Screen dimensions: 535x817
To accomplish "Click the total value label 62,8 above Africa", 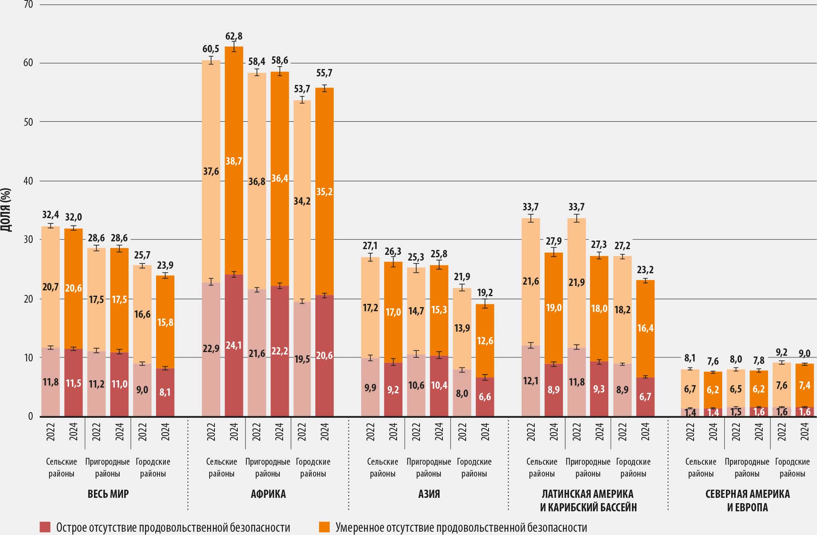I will click(x=234, y=36).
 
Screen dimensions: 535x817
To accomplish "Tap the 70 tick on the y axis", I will click(x=28, y=5).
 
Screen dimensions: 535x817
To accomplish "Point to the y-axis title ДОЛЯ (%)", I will click(x=6, y=210).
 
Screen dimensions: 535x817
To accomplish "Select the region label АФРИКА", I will click(x=268, y=494).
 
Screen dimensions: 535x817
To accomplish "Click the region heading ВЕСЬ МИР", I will click(x=108, y=494).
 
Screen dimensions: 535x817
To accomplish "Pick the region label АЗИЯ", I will click(x=429, y=494).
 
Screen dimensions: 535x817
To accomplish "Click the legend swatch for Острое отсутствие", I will click(x=45, y=527).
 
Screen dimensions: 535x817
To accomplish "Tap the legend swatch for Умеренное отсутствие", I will click(x=324, y=527).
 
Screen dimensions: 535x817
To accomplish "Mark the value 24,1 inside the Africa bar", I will click(x=234, y=346).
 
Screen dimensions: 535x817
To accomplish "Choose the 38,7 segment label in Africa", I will click(x=234, y=161).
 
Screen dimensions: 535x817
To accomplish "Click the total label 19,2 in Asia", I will click(x=485, y=293).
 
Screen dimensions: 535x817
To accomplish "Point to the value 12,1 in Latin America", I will click(x=531, y=381).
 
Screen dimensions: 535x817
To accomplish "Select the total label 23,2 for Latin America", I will click(x=645, y=270).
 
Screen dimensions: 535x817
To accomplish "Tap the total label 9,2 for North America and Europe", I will click(x=781, y=353).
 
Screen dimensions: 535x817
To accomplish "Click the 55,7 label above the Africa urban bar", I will click(x=324, y=73).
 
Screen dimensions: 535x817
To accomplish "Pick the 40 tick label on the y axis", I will click(x=28, y=181).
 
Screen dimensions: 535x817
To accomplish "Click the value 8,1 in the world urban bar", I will click(x=165, y=392).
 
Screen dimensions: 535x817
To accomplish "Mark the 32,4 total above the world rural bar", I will click(x=51, y=215).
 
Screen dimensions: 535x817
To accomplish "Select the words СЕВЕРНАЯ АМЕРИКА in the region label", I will click(x=747, y=494).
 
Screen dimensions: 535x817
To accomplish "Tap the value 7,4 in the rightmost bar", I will click(x=804, y=385).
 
